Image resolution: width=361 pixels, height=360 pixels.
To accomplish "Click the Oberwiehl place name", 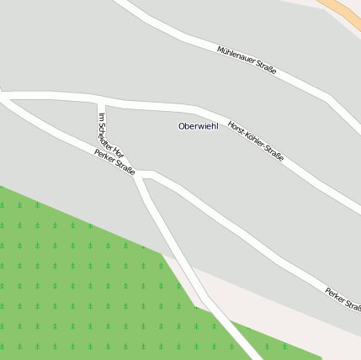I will [198, 126].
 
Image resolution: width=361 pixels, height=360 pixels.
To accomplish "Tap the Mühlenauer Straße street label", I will [247, 61].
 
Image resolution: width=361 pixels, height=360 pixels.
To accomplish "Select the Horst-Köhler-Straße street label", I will [256, 140].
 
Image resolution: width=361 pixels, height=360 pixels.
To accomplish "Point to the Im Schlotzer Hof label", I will [111, 135].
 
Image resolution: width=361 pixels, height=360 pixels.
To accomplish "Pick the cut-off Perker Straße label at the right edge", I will [343, 299].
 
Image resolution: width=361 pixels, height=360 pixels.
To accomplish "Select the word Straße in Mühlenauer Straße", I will [264, 70].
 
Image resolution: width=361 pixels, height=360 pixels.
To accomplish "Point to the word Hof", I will [119, 151].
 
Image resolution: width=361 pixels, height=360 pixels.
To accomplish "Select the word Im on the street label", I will [102, 116].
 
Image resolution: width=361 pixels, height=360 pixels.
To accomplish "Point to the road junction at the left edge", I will [5, 96].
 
